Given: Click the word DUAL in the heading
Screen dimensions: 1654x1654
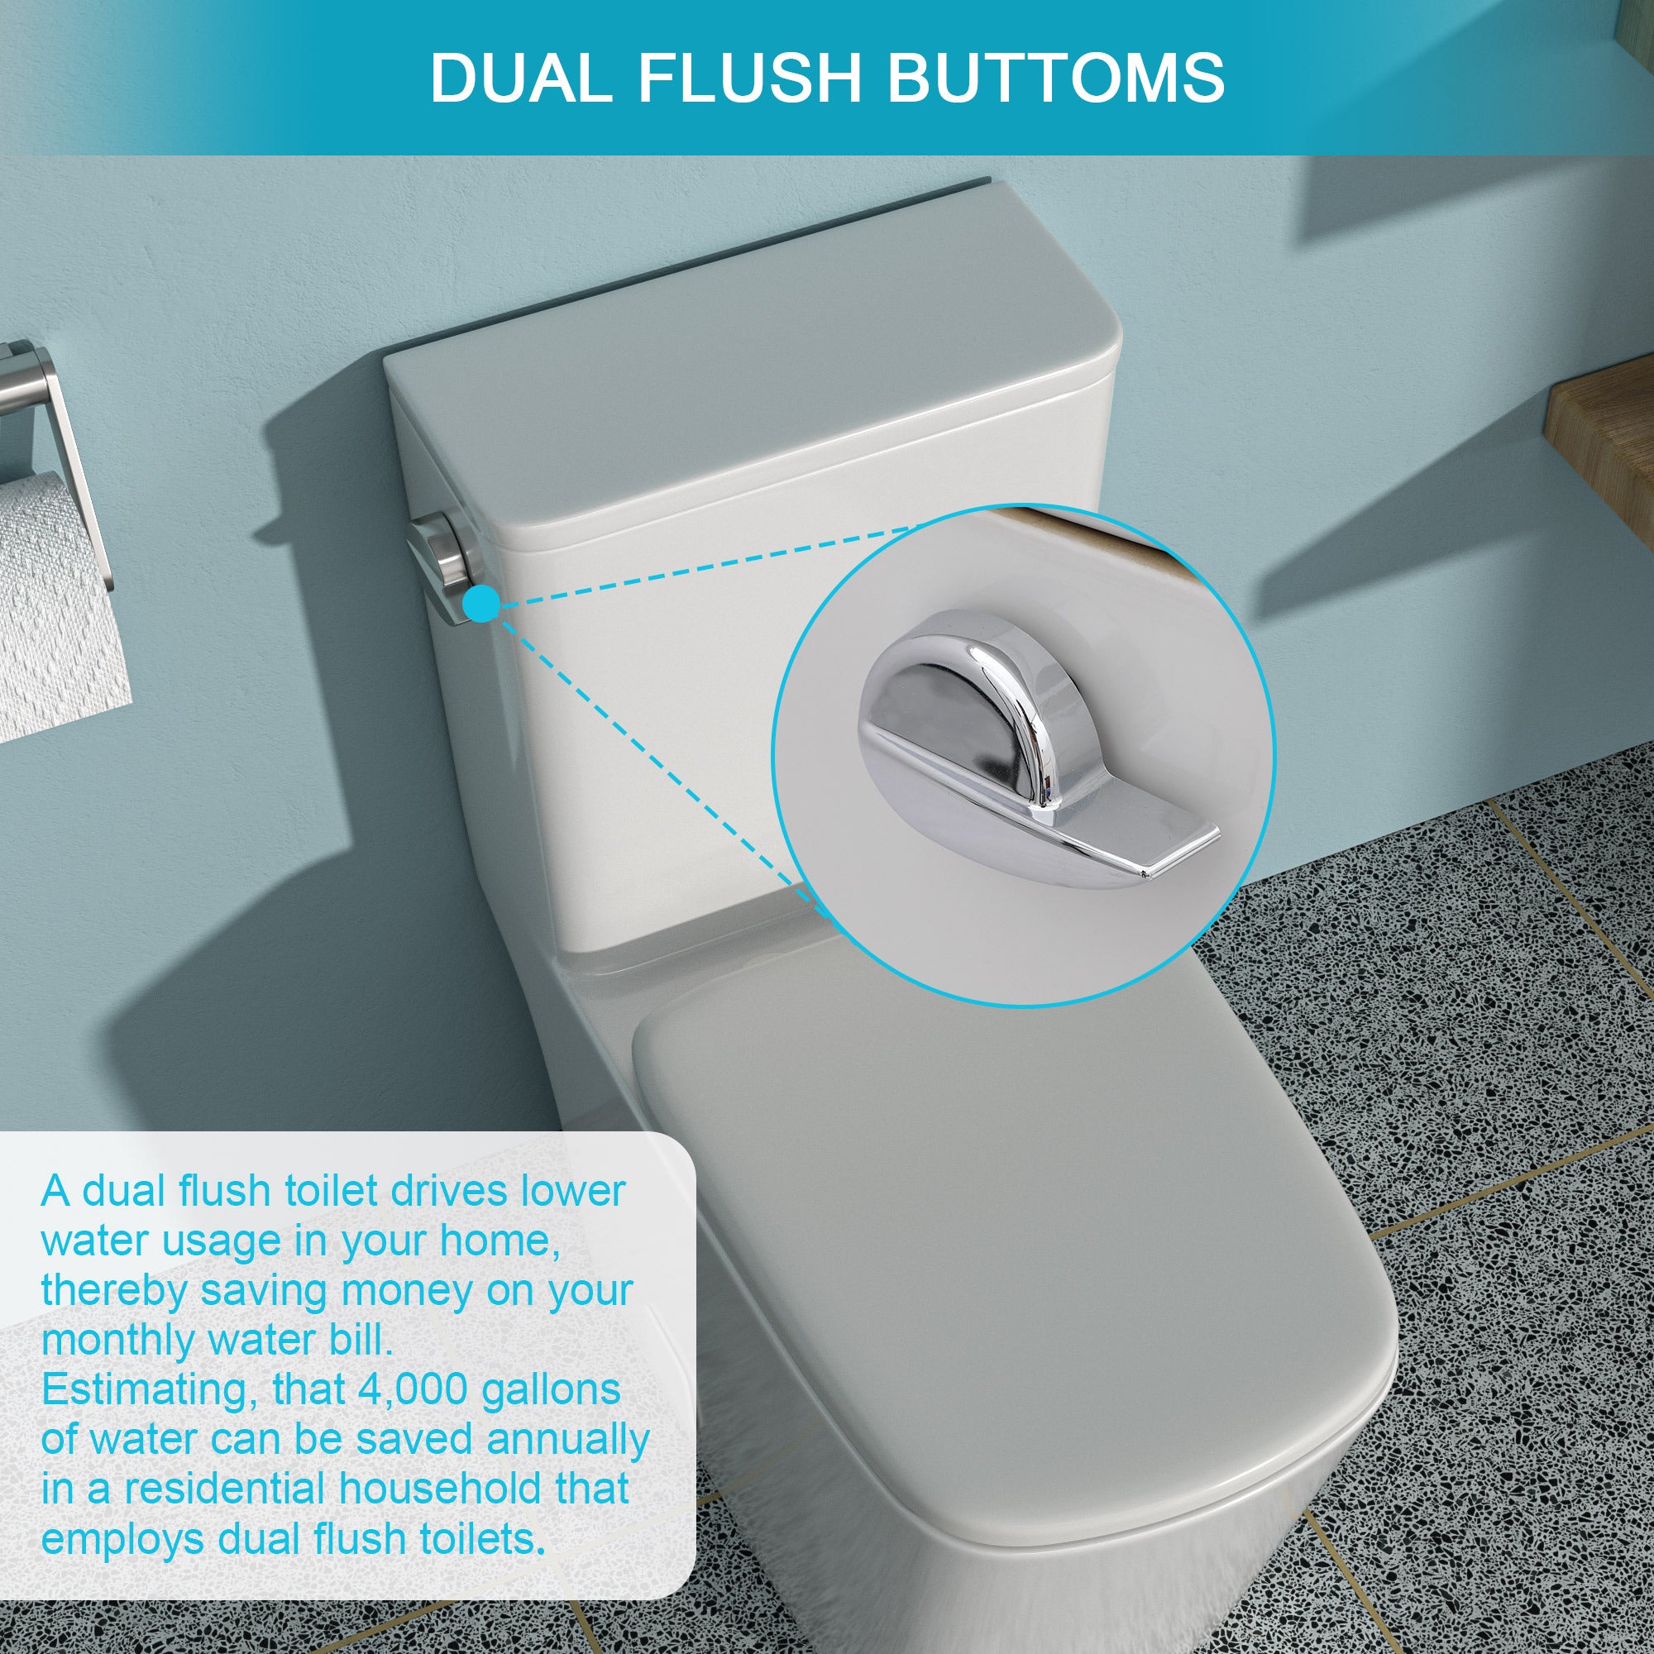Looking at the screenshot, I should click(519, 78).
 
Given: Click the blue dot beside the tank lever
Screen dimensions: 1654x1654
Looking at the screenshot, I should click(481, 605).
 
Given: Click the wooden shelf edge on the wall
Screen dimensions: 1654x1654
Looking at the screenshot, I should click(1601, 428).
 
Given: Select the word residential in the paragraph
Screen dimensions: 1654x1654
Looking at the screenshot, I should click(226, 1489).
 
